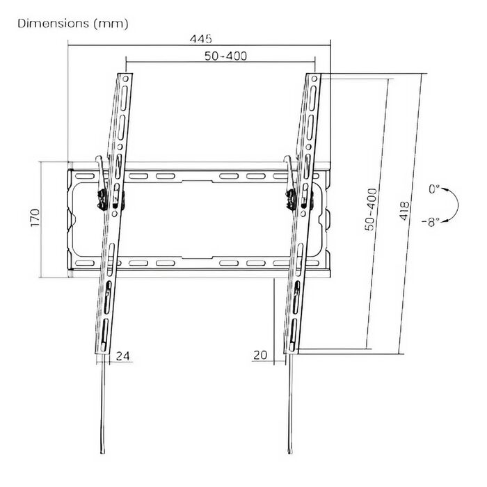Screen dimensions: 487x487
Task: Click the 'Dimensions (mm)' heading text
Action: [x=72, y=24]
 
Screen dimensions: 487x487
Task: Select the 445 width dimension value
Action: [x=200, y=39]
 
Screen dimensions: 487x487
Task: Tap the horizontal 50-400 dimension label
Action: [x=225, y=56]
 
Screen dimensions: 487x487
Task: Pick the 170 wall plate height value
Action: [x=35, y=218]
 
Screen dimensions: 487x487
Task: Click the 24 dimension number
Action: [x=122, y=356]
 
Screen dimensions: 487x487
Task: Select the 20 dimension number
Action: [x=260, y=355]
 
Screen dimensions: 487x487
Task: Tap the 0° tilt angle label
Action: [x=434, y=189]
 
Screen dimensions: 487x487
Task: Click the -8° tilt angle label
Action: [x=431, y=222]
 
